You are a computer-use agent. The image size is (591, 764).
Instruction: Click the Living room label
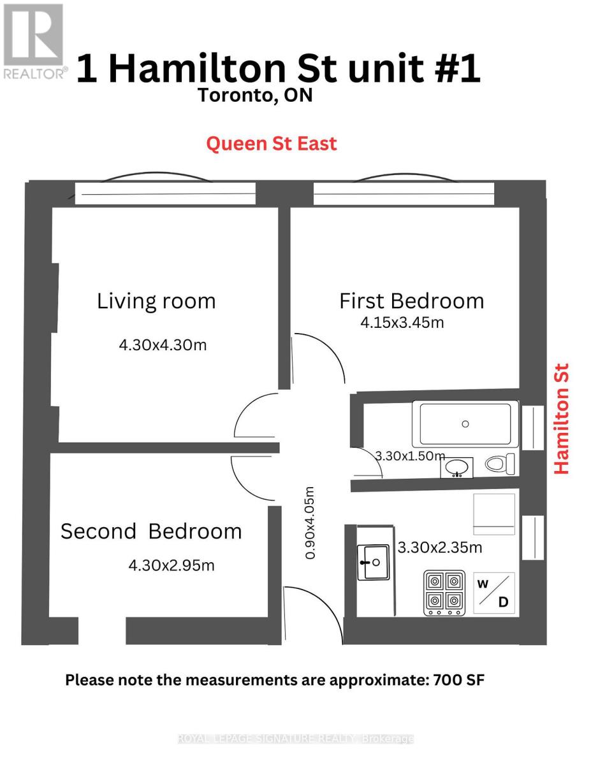156,301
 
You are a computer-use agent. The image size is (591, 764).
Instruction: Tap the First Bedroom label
411,301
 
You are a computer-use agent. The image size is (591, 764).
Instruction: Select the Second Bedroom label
151,531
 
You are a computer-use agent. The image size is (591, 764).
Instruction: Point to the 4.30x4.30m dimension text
163,345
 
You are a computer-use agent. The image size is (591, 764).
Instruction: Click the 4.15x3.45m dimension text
402,322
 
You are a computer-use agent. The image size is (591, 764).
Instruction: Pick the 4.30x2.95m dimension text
171,565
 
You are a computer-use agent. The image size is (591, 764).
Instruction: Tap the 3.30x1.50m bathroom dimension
409,456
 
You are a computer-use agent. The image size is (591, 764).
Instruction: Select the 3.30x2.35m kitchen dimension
440,547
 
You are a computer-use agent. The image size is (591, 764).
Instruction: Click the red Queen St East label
271,144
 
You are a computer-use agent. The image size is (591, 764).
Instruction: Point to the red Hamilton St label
561,418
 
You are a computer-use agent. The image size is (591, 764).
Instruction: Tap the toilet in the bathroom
499,464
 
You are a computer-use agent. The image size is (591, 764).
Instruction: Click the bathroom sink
457,468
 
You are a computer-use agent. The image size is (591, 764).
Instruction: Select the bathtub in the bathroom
465,424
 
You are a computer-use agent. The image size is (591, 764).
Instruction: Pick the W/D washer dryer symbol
494,593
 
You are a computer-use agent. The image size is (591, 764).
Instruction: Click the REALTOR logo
33,41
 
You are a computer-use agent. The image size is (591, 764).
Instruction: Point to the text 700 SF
458,680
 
